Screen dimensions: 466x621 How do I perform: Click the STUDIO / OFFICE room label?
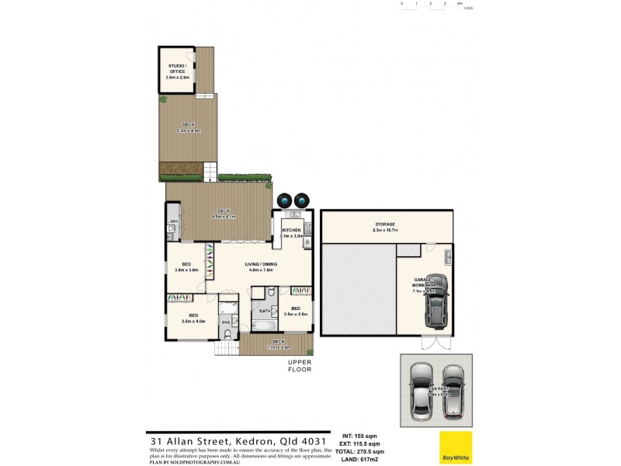click(x=176, y=69)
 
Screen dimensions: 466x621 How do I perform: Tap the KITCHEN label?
click(x=291, y=231)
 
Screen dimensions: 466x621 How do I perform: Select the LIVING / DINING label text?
click(x=261, y=264)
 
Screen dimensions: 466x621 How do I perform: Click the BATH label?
click(x=264, y=311)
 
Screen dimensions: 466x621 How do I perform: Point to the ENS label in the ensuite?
click(x=226, y=321)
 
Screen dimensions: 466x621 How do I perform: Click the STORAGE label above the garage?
click(x=386, y=224)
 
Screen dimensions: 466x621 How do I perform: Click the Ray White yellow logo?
click(x=456, y=447)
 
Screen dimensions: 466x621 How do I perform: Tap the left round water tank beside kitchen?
click(x=286, y=200)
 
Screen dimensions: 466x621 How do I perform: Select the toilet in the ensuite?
click(x=226, y=334)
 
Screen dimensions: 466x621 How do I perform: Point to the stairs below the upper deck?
click(x=210, y=169)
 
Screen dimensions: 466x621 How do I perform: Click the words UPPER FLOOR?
click(x=300, y=366)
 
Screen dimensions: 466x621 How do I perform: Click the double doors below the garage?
click(x=435, y=343)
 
